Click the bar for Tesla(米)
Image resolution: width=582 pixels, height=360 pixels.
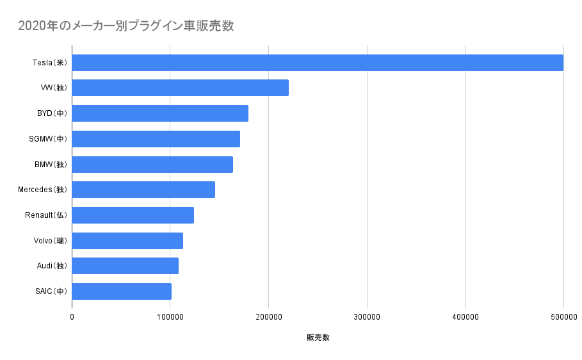coord(318,63)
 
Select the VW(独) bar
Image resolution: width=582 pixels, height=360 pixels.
coord(180,88)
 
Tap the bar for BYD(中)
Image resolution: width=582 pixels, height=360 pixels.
coord(160,113)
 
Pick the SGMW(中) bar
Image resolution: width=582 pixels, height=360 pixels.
coord(156,139)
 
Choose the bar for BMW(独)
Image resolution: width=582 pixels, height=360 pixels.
coord(152,165)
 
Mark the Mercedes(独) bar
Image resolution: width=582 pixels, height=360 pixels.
coord(143,190)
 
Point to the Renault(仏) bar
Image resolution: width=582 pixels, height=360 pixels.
coord(133,215)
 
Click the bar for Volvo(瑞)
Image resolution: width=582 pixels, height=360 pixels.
coord(127,241)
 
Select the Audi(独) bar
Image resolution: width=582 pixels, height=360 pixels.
coord(125,266)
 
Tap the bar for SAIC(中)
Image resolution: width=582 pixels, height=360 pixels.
coord(122,291)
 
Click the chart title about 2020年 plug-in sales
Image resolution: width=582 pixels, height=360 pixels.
coord(125,26)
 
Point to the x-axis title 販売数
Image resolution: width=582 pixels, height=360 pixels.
coord(318,338)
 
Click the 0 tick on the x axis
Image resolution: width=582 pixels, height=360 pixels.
coord(72,316)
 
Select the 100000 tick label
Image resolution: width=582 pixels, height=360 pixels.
coord(170,316)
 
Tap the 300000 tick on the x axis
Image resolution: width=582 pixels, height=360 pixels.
coord(367,316)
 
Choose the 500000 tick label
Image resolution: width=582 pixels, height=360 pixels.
coord(563,316)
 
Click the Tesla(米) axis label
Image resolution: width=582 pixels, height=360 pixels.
coord(49,63)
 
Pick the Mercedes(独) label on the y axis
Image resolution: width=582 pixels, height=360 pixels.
coord(42,190)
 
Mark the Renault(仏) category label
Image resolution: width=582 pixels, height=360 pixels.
coord(46,215)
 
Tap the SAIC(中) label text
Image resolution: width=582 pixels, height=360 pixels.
coord(51,291)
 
